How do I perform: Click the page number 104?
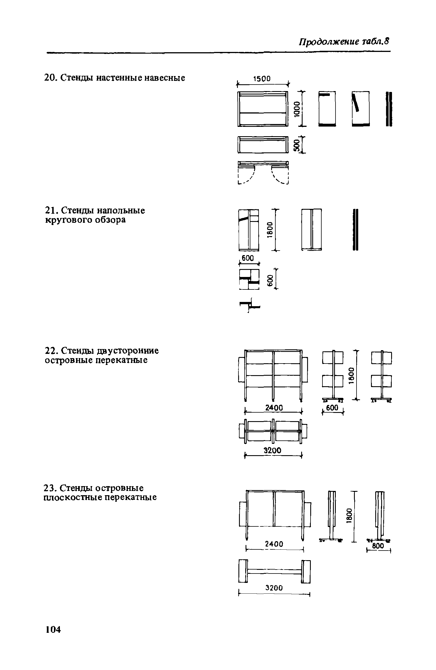53,629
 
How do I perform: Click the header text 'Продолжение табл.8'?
343,42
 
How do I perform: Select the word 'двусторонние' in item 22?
128,351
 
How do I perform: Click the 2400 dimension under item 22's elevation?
274,408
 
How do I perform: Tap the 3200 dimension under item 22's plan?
272,450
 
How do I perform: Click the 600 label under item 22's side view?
332,408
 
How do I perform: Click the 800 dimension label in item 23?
378,546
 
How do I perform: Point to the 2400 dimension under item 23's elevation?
274,544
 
